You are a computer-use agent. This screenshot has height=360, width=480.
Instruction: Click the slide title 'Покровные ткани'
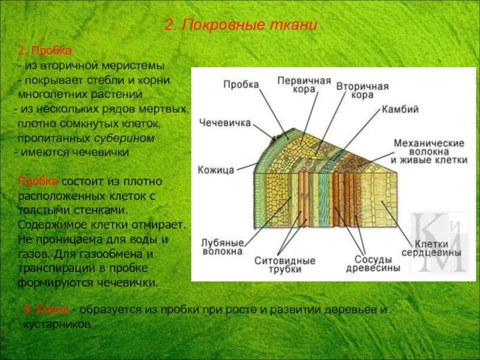coord(241,26)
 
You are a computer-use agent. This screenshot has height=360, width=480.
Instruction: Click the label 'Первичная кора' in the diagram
coord(304,85)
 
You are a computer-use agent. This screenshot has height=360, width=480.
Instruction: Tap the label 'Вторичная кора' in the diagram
coord(362,91)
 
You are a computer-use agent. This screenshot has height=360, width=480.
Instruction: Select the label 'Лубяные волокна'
coord(223,247)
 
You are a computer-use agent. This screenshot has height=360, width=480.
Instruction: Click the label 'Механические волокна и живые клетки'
coord(428,152)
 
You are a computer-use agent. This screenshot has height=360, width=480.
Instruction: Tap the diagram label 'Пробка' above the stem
coord(241,85)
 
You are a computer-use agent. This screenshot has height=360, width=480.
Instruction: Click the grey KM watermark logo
coord(437,243)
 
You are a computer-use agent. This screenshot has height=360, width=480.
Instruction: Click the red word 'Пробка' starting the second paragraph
coord(38,182)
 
